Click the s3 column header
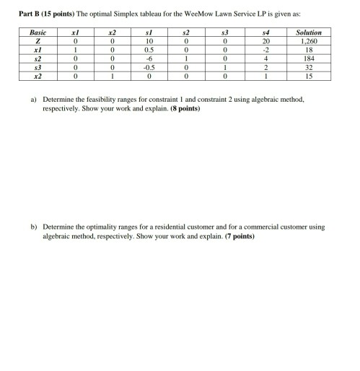coord(227,32)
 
